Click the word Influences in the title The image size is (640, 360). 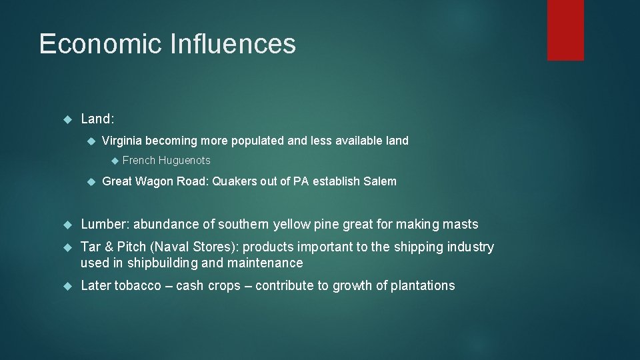pyautogui.click(x=233, y=44)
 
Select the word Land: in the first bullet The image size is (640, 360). pyautogui.click(x=97, y=119)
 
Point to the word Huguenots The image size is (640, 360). pyautogui.click(x=184, y=161)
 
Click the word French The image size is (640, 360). pyautogui.click(x=139, y=161)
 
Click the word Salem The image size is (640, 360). pyautogui.click(x=381, y=181)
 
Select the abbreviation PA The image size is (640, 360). pyautogui.click(x=301, y=181)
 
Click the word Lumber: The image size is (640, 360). pyautogui.click(x=105, y=225)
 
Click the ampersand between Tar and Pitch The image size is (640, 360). pyautogui.click(x=109, y=247)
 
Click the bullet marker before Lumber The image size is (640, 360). pyautogui.click(x=66, y=225)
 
